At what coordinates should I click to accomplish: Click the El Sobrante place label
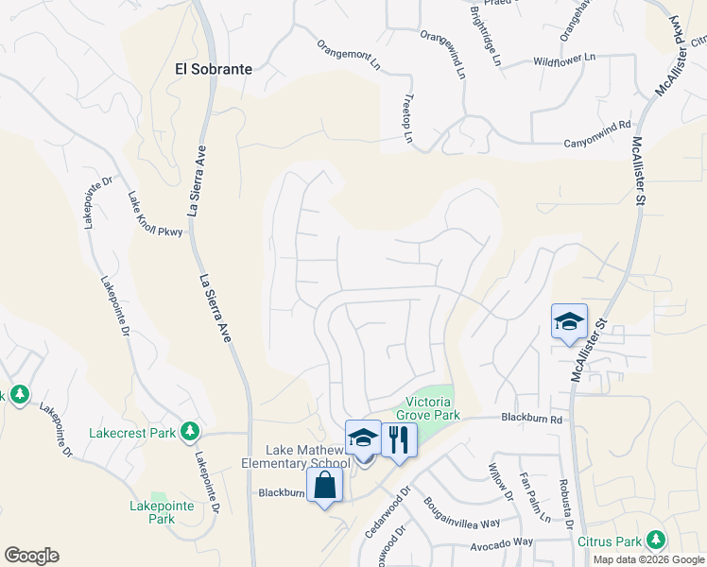tap(214, 68)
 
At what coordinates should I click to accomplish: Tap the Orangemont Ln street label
tap(348, 54)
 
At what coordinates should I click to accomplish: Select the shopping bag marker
tap(324, 487)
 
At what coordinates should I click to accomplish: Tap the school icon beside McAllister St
tap(569, 321)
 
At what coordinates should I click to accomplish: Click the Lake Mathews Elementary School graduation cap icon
tap(363, 438)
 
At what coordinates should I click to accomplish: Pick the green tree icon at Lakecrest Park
tap(190, 432)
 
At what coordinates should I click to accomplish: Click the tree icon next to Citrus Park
tap(654, 541)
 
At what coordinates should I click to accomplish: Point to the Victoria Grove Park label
tap(432, 408)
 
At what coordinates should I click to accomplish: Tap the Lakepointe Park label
tap(152, 512)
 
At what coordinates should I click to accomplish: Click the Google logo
tap(31, 556)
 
